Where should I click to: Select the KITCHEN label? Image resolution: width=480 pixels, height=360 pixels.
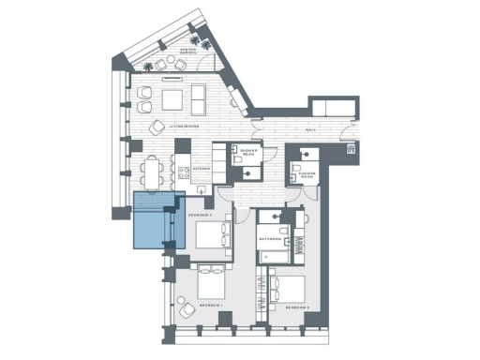point(200,170)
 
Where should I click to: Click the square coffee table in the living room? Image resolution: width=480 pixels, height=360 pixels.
point(173,99)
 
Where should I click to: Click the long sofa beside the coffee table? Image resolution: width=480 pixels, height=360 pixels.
point(199,97)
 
